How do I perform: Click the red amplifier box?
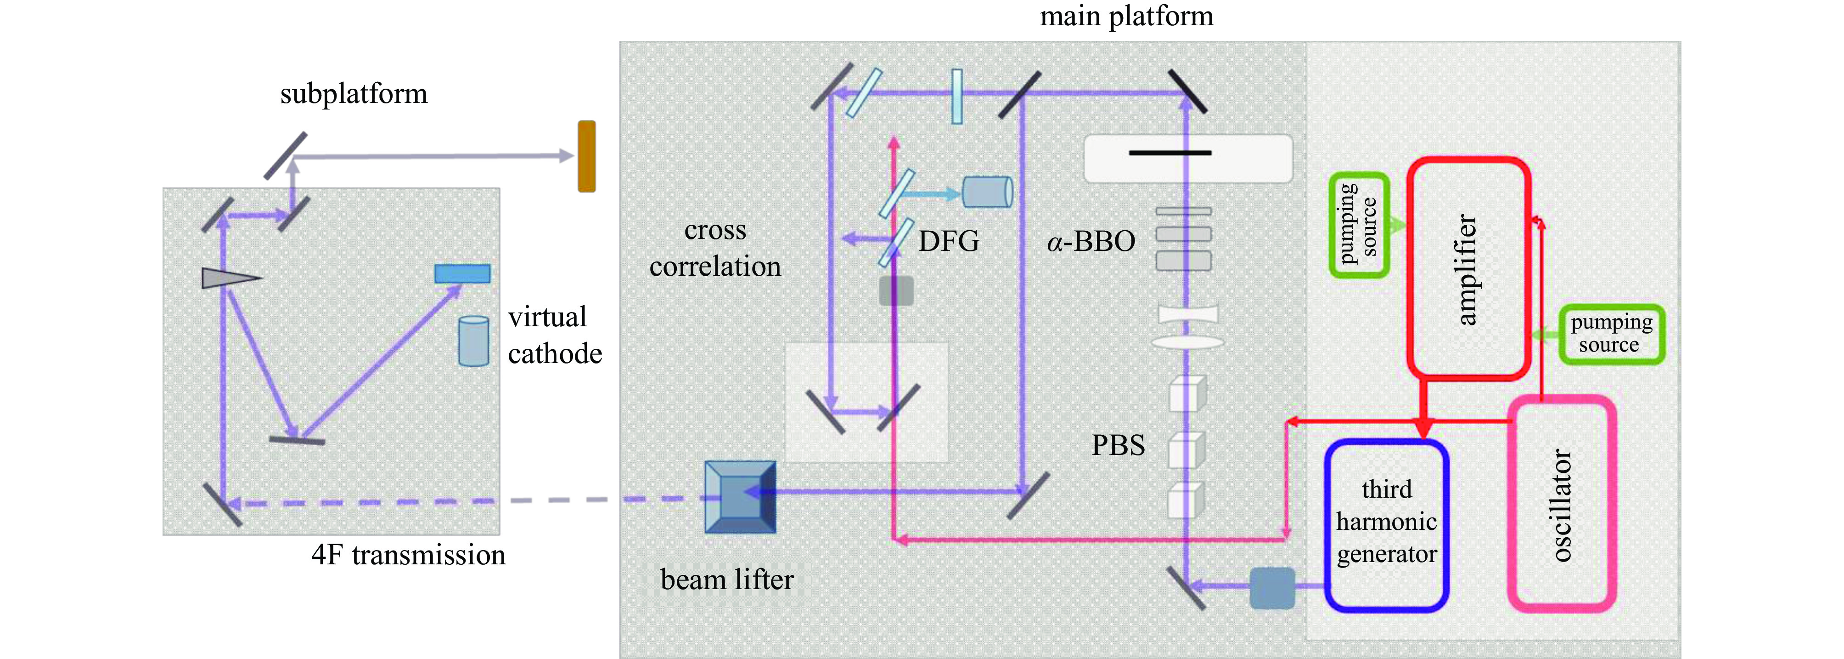coord(1468,269)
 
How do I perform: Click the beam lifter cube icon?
coord(740,496)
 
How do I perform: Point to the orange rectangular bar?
coord(586,156)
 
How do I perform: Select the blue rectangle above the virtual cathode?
coord(462,273)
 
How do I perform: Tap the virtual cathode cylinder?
coord(473,341)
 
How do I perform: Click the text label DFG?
coord(949,241)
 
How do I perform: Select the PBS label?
coord(1118,445)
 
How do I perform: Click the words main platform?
coord(1126,16)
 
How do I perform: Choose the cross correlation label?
coord(714,248)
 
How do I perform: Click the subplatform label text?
coord(354,94)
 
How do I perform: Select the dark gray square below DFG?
coord(896,291)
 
